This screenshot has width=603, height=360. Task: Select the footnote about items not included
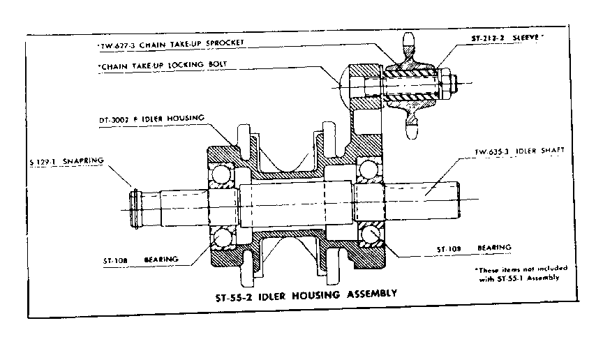tap(520, 273)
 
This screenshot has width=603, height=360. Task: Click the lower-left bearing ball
tap(223, 239)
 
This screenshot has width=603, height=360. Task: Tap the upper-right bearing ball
tap(368, 170)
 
